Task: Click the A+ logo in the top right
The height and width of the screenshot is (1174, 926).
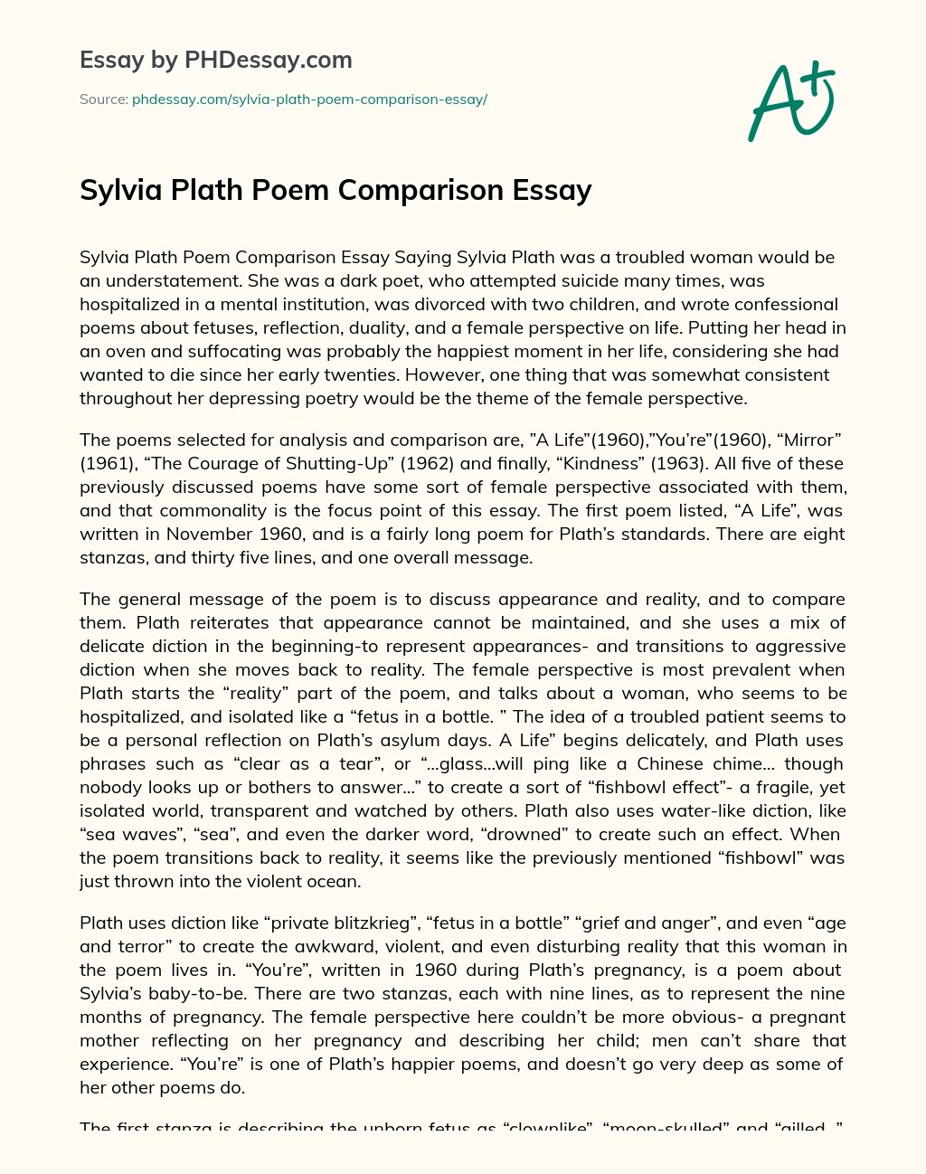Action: click(790, 101)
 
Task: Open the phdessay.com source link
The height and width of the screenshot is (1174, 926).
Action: click(309, 99)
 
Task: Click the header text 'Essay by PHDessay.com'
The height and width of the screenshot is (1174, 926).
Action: click(215, 60)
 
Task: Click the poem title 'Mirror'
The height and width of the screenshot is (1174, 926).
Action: click(809, 440)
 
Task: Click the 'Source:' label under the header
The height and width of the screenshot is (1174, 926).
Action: click(103, 99)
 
